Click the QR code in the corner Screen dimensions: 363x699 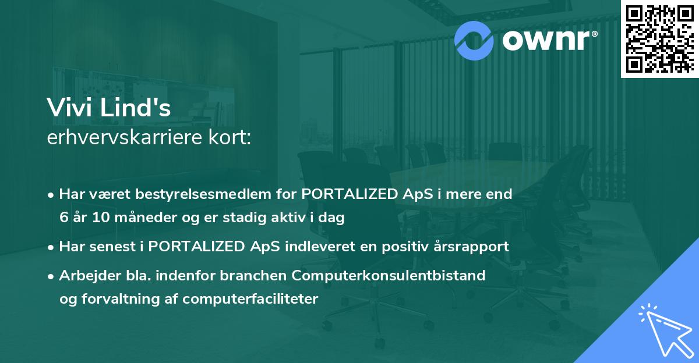pyautogui.click(x=659, y=38)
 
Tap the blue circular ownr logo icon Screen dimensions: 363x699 pyautogui.click(x=474, y=38)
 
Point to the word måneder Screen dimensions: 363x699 pyautogui.click(x=139, y=218)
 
